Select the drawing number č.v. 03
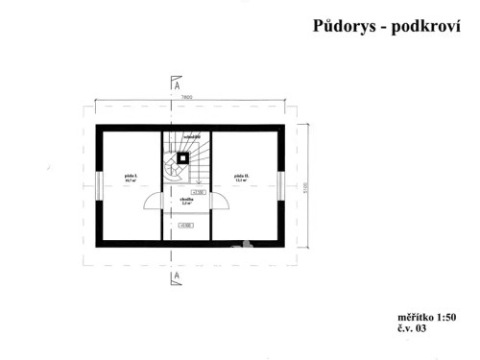[411, 328]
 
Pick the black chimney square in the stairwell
[182, 157]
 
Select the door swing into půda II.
[219, 201]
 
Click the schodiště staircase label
[192, 137]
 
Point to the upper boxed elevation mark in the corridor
[199, 192]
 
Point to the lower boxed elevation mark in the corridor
[186, 226]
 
